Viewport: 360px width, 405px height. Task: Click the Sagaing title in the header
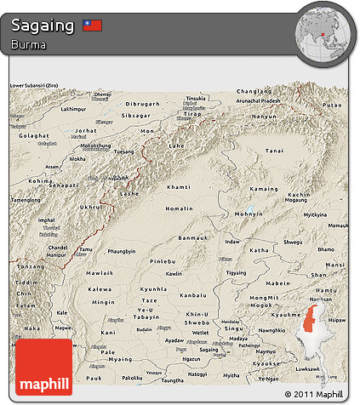[x=43, y=25]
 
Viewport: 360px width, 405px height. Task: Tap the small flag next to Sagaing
[x=92, y=26]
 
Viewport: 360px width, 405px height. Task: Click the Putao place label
[x=331, y=105]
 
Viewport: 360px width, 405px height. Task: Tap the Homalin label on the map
[x=179, y=207]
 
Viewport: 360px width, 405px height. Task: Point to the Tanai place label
[x=273, y=151]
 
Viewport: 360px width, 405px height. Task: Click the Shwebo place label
[x=197, y=322]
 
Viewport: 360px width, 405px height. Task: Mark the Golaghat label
[x=29, y=135]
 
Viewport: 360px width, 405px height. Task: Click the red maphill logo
[x=44, y=368]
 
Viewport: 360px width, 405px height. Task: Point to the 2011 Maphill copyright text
[x=315, y=395]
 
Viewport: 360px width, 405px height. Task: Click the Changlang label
[x=254, y=90]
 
